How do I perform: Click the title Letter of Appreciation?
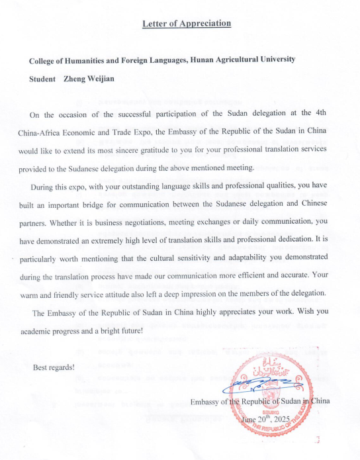click(x=187, y=24)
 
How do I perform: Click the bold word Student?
click(x=42, y=78)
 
